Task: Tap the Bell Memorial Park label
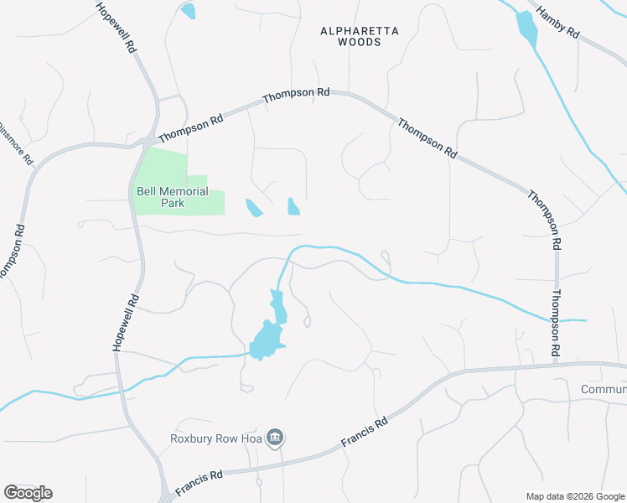pyautogui.click(x=172, y=197)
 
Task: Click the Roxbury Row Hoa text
pyautogui.click(x=217, y=438)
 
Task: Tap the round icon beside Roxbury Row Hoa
pyautogui.click(x=275, y=437)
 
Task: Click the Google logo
pyautogui.click(x=28, y=493)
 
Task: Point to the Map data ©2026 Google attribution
pyautogui.click(x=575, y=495)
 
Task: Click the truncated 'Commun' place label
pyautogui.click(x=604, y=390)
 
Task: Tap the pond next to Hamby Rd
pyautogui.click(x=527, y=28)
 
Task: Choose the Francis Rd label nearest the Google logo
pyautogui.click(x=199, y=481)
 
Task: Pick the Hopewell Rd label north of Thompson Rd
pyautogui.click(x=116, y=28)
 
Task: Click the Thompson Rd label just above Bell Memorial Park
pyautogui.click(x=191, y=127)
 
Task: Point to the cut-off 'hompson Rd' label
pyautogui.click(x=10, y=251)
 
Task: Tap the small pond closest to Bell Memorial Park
pyautogui.click(x=253, y=207)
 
